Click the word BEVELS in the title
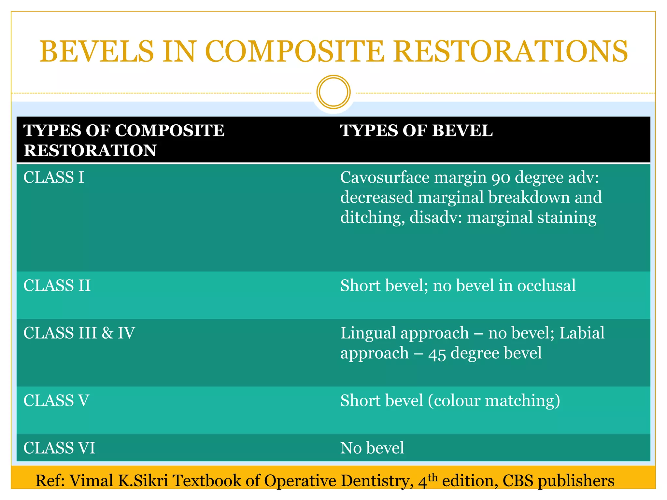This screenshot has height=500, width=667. coord(96,51)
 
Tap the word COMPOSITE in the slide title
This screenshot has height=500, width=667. coord(294,51)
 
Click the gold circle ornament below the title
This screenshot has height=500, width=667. coord(333,92)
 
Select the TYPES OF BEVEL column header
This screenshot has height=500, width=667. coord(416,131)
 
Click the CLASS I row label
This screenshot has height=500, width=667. coord(54,178)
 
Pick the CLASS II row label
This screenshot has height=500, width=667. coord(57,286)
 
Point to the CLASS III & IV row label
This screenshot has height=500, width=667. coord(79,333)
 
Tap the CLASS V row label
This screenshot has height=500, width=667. coord(56,401)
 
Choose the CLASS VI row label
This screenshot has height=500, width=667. coord(59,448)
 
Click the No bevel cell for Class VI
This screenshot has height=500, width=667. coord(372,448)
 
